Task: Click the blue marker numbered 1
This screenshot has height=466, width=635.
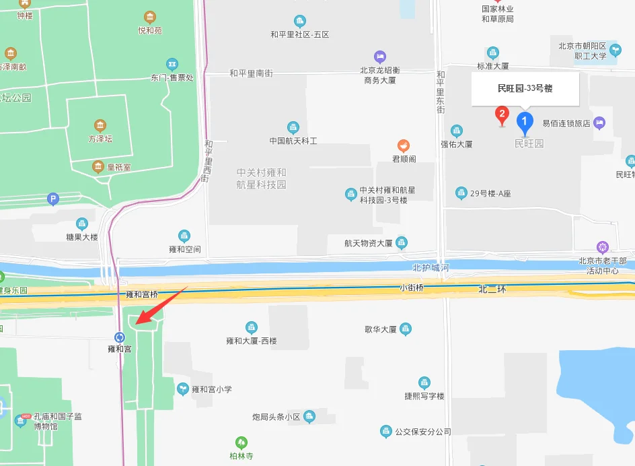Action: [x=525, y=121]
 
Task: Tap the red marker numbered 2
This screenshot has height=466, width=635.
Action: [x=501, y=114]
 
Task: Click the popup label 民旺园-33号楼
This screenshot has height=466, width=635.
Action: [x=525, y=88]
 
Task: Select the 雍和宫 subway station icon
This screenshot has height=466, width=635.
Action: [x=120, y=337]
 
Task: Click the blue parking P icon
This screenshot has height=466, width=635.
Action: [x=53, y=199]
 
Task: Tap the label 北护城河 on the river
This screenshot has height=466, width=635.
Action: [x=431, y=268]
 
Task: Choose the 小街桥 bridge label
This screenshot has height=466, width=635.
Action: [x=411, y=288]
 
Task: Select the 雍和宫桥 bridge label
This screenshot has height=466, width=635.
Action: [x=142, y=294]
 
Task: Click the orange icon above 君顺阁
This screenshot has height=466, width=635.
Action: [x=403, y=145]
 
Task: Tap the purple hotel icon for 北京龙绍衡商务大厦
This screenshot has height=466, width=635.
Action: [x=380, y=57]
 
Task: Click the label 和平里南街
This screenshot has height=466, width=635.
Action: [x=251, y=73]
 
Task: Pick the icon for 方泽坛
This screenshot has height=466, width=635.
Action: [x=100, y=125]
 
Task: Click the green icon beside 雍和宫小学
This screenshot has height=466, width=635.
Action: [x=182, y=389]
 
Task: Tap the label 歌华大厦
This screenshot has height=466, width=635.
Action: [x=381, y=330]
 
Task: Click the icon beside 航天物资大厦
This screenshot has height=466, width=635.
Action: [x=402, y=242]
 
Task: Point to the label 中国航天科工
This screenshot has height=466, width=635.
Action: [x=293, y=141]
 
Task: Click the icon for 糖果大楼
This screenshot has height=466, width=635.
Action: [x=82, y=224]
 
